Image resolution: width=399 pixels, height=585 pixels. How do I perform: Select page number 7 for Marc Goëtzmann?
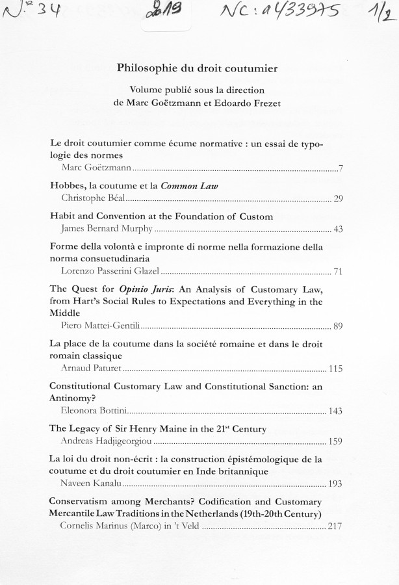341,169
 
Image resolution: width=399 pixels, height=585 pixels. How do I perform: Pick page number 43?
337,229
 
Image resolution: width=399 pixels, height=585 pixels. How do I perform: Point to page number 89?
337,325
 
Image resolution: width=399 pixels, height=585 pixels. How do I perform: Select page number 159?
335,442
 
